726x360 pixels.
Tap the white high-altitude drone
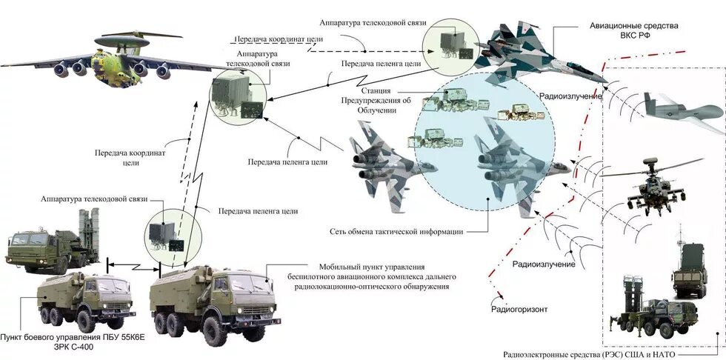(x=682, y=110)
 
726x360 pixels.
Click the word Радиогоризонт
(x=519, y=309)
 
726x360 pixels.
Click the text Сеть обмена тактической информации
(x=396, y=232)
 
